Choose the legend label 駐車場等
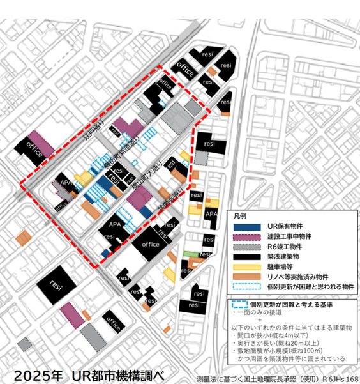point(273,266)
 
